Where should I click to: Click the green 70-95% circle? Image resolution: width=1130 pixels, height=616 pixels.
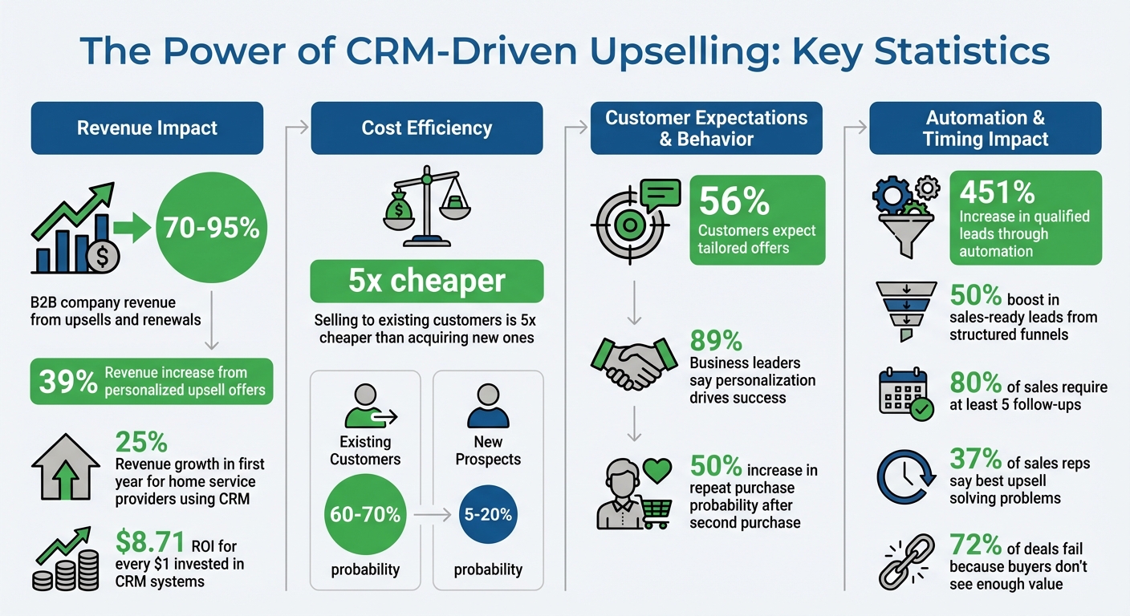point(211,229)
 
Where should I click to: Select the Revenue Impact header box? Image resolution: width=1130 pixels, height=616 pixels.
point(147,128)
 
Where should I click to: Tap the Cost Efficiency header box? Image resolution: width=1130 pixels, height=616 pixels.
point(427,128)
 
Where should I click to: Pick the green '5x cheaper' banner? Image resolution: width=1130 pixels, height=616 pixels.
point(427,282)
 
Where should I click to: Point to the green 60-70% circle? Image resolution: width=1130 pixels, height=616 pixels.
point(365,514)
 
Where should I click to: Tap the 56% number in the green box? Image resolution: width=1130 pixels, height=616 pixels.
point(734,202)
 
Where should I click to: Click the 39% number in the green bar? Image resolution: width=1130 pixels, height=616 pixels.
point(68,382)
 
